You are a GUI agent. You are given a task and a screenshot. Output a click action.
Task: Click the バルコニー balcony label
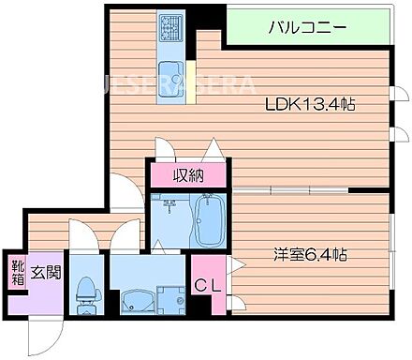click(x=308, y=27)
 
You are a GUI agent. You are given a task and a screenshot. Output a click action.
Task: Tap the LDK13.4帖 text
click(x=307, y=105)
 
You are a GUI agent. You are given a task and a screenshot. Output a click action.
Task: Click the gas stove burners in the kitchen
click(x=171, y=30)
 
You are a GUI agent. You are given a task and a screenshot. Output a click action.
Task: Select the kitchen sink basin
click(x=171, y=73)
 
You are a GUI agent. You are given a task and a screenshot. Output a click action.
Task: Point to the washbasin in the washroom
click(x=138, y=302)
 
